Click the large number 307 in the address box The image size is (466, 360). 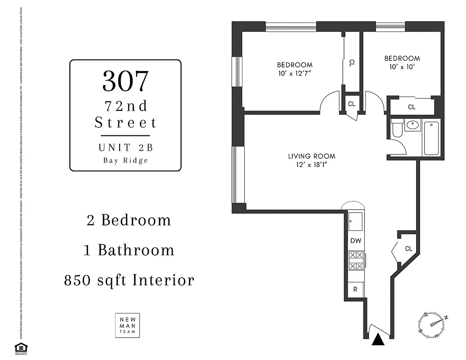click(125, 81)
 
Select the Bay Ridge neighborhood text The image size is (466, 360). click(125, 161)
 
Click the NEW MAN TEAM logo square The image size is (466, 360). click(127, 325)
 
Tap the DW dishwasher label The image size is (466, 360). click(356, 241)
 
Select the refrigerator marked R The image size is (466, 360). click(355, 289)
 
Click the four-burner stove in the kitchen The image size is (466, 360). click(356, 261)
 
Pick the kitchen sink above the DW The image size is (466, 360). click(355, 221)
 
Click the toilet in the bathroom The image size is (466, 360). click(397, 129)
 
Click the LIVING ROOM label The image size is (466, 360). click(312, 156)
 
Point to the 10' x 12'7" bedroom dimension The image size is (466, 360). click(295, 73)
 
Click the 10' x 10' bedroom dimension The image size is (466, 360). click(402, 67)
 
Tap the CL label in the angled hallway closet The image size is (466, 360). click(408, 248)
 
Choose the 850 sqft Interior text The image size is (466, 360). click(129, 280)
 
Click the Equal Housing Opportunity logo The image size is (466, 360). click(20, 348)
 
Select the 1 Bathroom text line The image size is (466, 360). click(129, 250)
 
